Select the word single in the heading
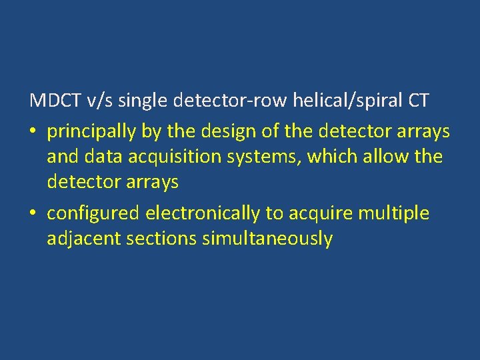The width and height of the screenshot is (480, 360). tap(144, 102)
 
